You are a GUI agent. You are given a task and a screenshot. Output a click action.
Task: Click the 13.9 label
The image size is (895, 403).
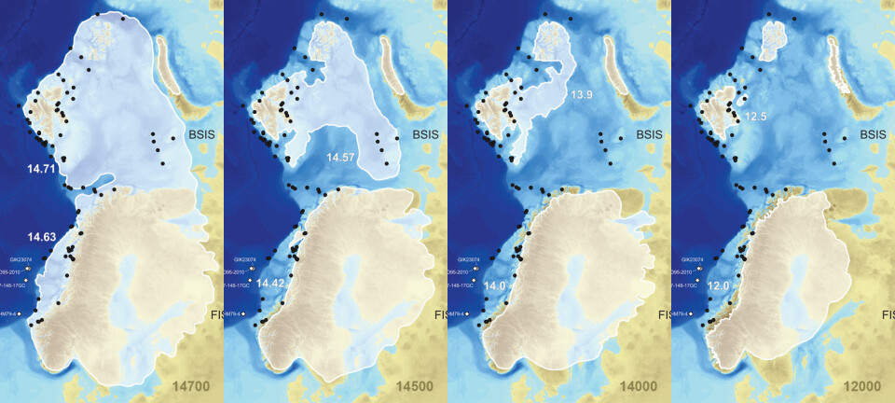coord(583,95)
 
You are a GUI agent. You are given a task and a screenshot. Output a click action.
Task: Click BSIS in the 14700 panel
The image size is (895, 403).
coord(200,135)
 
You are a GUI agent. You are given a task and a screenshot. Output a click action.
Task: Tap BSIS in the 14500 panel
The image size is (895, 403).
coord(423,135)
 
